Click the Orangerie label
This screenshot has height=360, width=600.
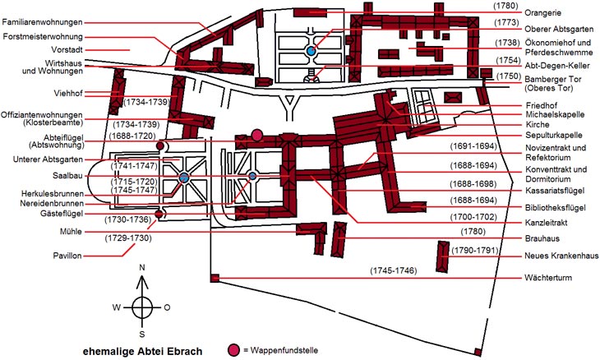tap(543, 13)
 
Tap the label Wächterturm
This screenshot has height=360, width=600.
tap(548, 278)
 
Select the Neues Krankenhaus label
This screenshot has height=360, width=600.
tap(561, 256)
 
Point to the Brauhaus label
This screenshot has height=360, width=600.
tap(542, 238)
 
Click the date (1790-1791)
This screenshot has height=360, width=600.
tap(474, 250)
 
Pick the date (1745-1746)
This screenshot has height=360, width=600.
tap(394, 270)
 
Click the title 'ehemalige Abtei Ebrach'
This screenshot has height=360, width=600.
tap(143, 352)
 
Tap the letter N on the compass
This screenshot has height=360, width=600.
tap(142, 268)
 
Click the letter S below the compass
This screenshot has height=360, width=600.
tap(142, 335)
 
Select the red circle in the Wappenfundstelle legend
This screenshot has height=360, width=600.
tap(233, 350)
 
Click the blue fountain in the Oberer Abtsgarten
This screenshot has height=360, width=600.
tap(311, 50)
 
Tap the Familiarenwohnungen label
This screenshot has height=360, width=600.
tap(42, 22)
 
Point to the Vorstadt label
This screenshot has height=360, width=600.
tap(67, 50)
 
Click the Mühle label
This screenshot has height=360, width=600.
tap(71, 232)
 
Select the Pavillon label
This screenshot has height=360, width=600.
tap(67, 256)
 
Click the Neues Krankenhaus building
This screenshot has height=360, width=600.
tap(443, 256)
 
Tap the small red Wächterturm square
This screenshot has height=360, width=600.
tap(215, 278)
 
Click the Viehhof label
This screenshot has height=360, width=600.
tap(68, 93)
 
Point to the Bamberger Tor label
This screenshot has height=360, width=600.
tap(553, 83)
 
